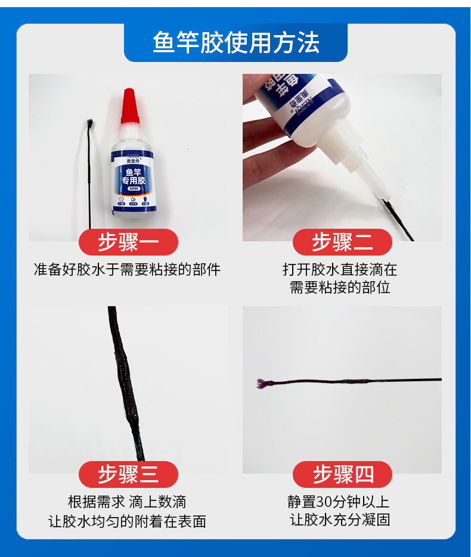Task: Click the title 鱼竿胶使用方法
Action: point(235,43)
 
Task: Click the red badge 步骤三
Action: point(128,475)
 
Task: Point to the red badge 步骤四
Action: point(342,475)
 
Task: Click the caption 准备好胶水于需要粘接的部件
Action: point(127,270)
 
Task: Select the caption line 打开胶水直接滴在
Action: point(340,270)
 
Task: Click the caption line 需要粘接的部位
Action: point(340,288)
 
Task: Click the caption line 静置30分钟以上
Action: point(340,502)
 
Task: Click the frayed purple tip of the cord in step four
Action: point(262,382)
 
